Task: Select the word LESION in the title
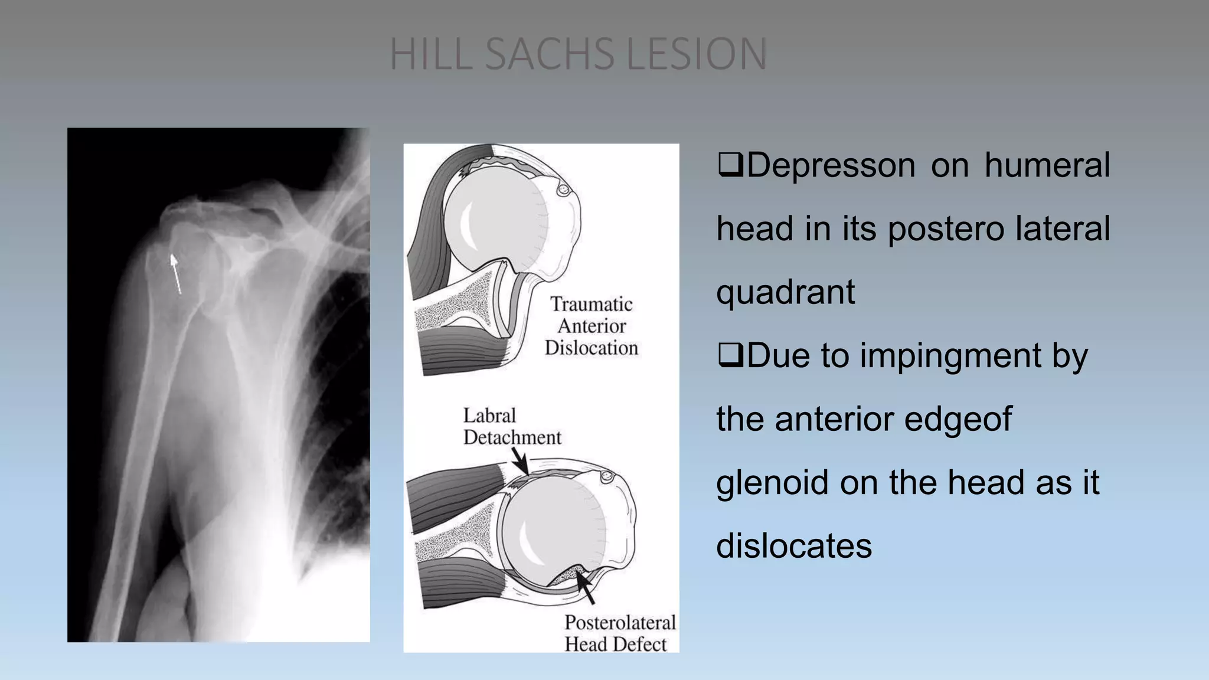point(697,54)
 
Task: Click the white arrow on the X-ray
point(175,273)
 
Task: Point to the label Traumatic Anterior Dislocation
point(591,326)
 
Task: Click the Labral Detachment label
point(512,426)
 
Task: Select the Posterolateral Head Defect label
point(619,633)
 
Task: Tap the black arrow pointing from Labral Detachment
point(520,461)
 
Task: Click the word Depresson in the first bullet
point(831,165)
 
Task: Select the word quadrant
point(785,292)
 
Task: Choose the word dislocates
point(794,546)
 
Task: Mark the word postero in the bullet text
point(945,229)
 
